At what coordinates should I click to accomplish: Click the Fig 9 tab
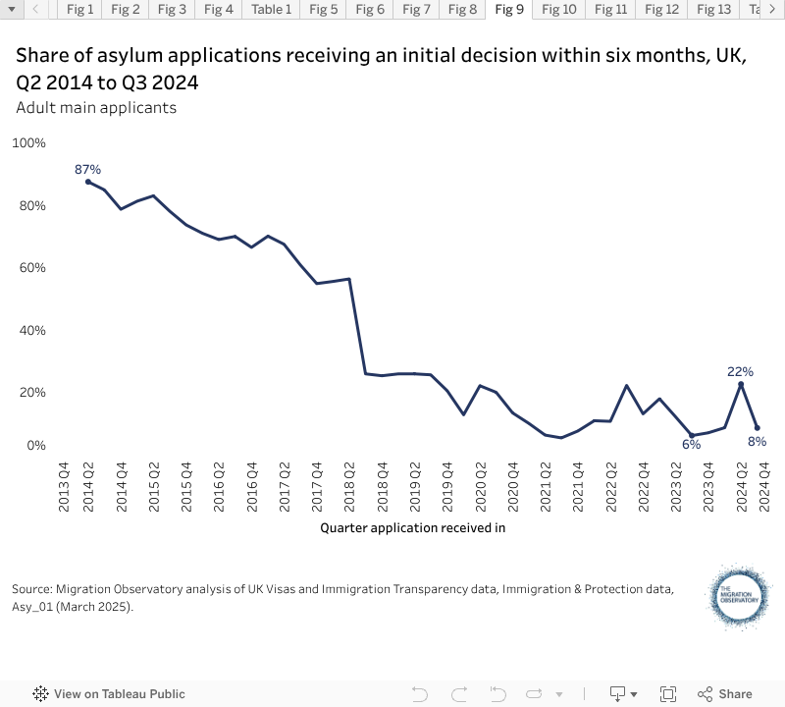pos(509,10)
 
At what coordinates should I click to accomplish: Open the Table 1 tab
pos(271,10)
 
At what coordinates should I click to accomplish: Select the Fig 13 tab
pos(713,10)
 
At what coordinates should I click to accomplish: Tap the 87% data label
pos(88,170)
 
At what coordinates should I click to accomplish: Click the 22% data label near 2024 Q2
pos(740,371)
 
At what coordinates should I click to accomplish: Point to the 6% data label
pos(692,445)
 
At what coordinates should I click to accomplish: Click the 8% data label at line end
pos(757,442)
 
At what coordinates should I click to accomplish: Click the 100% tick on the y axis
pos(29,143)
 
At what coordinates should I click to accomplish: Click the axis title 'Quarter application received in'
pos(412,527)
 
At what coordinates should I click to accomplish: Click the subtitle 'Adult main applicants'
pos(96,107)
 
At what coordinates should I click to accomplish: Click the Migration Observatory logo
pos(741,596)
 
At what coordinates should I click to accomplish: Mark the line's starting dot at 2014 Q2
pos(88,182)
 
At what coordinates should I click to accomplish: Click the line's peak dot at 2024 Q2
pos(740,384)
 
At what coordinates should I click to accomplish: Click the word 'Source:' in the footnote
pos(32,589)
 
